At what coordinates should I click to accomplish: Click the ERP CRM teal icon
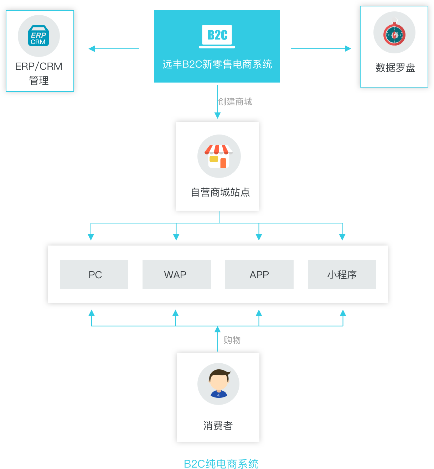click(38, 36)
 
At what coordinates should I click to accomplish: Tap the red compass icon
click(394, 34)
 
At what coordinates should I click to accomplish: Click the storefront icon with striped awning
click(219, 156)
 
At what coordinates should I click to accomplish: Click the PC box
click(94, 274)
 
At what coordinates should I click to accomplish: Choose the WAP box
click(176, 274)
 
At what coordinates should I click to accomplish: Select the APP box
click(259, 274)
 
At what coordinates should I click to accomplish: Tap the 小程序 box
click(342, 274)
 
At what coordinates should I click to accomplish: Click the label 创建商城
click(235, 102)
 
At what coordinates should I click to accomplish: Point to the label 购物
click(232, 340)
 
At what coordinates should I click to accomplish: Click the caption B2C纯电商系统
click(221, 464)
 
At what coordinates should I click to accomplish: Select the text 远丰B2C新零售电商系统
click(217, 64)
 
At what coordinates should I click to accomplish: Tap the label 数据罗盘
click(395, 68)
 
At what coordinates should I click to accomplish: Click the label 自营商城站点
click(220, 193)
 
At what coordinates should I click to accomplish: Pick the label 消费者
click(218, 426)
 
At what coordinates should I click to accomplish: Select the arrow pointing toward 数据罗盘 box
click(348, 49)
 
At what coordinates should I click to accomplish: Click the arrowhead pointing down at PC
click(91, 237)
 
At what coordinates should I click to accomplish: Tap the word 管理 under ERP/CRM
click(39, 80)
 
